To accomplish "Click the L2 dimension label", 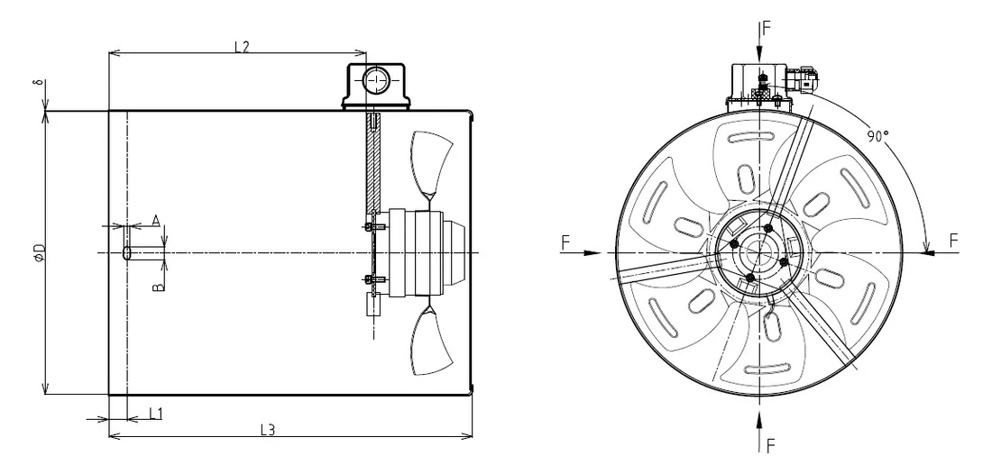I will (242, 46).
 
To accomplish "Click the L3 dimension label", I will (267, 430).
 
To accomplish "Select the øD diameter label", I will (39, 253).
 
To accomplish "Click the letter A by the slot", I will (155, 220).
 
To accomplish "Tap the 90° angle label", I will (878, 136).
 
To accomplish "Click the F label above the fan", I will (766, 27).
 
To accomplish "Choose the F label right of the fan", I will (954, 240).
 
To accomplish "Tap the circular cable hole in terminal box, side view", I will (374, 83).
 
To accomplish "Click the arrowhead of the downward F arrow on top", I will (760, 54).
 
